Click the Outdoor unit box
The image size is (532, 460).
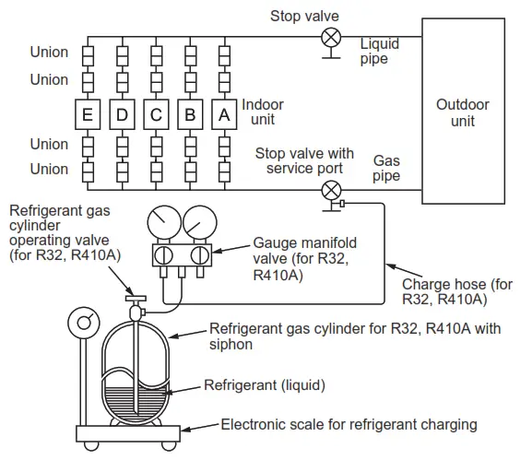(x=463, y=112)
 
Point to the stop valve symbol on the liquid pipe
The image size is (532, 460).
(x=329, y=39)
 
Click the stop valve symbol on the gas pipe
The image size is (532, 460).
(x=329, y=191)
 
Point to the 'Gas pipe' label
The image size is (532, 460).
(x=385, y=167)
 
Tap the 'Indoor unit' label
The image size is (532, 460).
(x=263, y=112)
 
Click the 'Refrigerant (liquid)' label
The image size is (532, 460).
(x=265, y=384)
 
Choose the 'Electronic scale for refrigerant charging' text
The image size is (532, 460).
(x=349, y=425)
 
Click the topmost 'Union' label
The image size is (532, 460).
(x=49, y=52)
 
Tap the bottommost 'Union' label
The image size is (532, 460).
(x=49, y=169)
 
